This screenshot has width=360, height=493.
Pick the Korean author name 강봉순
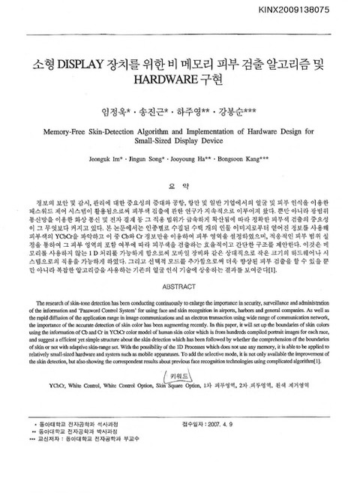[x=243, y=113]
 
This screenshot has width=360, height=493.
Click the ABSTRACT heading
[x=179, y=286]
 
